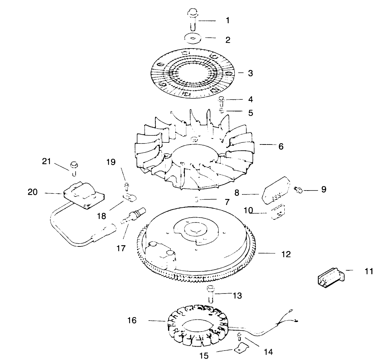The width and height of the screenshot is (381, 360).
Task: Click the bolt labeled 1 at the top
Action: pyautogui.click(x=192, y=20)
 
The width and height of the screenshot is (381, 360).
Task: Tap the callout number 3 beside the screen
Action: pyautogui.click(x=250, y=73)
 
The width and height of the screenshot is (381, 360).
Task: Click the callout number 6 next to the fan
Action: pyautogui.click(x=280, y=146)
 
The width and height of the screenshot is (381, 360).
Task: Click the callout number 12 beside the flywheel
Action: pyautogui.click(x=286, y=254)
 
